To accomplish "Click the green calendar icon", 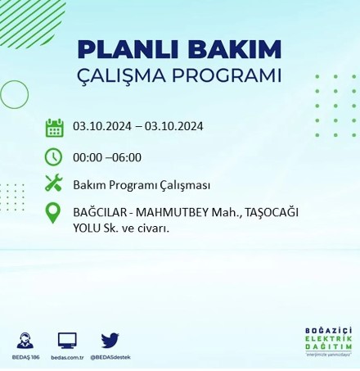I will point(54,127).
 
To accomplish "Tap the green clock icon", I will point(54,156).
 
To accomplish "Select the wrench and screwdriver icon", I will point(54,183).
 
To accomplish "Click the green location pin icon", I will point(54,213).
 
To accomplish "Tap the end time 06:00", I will point(126,157).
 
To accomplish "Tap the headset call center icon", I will point(25,340).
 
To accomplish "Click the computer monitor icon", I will point(67,340).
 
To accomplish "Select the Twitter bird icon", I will point(110,340).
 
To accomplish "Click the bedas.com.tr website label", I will point(67,358).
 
